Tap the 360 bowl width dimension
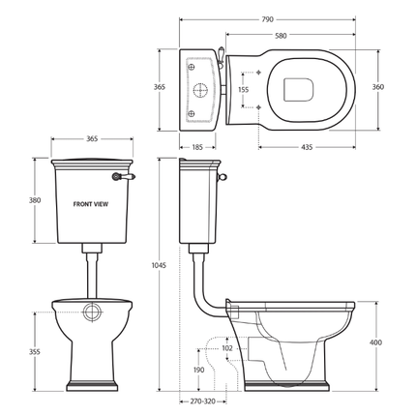378,87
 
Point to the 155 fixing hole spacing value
244,89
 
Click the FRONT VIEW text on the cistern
91,205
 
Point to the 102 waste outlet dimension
226,348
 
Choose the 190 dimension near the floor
197,369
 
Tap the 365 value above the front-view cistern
91,138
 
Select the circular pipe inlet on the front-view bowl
91,312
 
